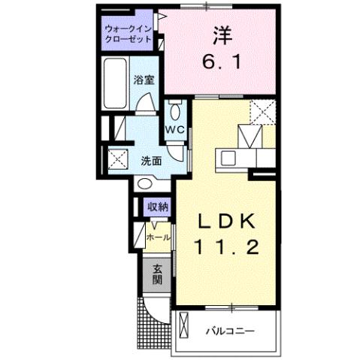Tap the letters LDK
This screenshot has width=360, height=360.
coord(227,222)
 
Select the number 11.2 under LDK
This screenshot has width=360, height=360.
coord(227,246)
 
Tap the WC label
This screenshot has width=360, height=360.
coord(175,129)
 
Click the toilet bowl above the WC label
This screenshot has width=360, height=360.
coord(175,113)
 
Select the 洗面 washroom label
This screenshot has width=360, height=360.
coord(151,160)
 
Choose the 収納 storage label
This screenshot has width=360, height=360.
coord(157,207)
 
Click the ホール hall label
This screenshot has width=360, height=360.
coord(157,237)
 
